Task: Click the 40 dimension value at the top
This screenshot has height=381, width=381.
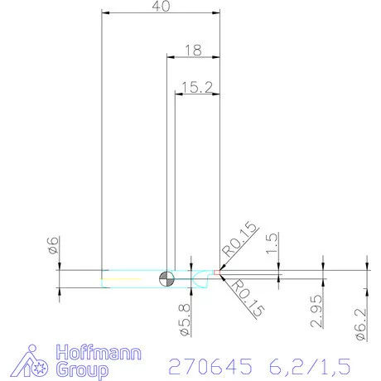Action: click(162, 7)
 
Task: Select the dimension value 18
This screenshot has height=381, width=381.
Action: click(194, 50)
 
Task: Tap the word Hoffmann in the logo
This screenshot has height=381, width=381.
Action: click(98, 352)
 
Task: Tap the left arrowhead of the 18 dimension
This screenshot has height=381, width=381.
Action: click(171, 57)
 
